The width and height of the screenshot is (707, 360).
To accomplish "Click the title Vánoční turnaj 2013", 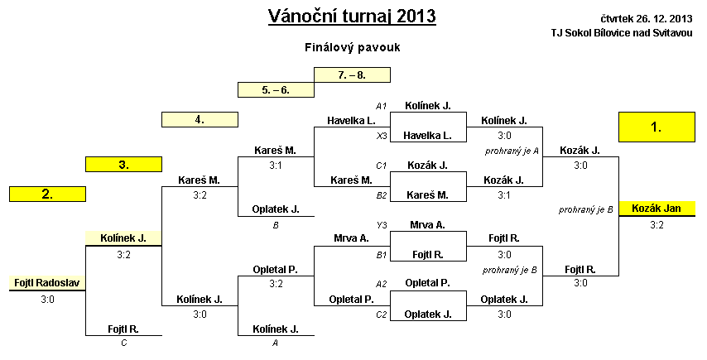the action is [x=352, y=17].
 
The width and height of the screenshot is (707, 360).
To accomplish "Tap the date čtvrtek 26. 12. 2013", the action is [x=646, y=18].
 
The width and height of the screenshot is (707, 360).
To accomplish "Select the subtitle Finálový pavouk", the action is [x=352, y=47].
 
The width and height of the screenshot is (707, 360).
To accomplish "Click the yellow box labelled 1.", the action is [x=656, y=127].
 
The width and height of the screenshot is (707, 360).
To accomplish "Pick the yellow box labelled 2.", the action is [x=47, y=194].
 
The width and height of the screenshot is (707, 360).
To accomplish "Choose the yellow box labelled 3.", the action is [x=123, y=165].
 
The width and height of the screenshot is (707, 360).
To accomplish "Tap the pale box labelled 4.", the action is [x=200, y=120].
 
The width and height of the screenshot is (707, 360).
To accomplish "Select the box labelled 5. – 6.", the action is [x=276, y=89].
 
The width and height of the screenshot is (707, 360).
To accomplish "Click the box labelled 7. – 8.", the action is [x=352, y=74].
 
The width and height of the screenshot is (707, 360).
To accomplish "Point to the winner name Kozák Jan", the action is [x=656, y=209].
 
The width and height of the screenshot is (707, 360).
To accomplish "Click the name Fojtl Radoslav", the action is [x=47, y=283].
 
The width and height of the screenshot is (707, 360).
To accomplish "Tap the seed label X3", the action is [x=382, y=136].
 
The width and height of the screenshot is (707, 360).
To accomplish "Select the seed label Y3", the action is [x=382, y=225].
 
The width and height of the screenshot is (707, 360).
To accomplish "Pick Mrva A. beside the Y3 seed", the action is [x=427, y=225].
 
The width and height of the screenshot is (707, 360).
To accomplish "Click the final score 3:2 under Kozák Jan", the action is [x=656, y=225].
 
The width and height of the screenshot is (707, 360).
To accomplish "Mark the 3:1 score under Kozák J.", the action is [x=504, y=195].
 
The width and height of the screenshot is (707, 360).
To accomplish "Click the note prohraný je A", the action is [x=512, y=151].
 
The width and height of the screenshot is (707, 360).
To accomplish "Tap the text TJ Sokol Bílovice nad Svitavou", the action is [x=622, y=33].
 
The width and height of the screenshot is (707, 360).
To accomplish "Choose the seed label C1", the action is [x=382, y=166].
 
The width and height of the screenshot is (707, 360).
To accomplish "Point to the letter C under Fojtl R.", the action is [x=124, y=343].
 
